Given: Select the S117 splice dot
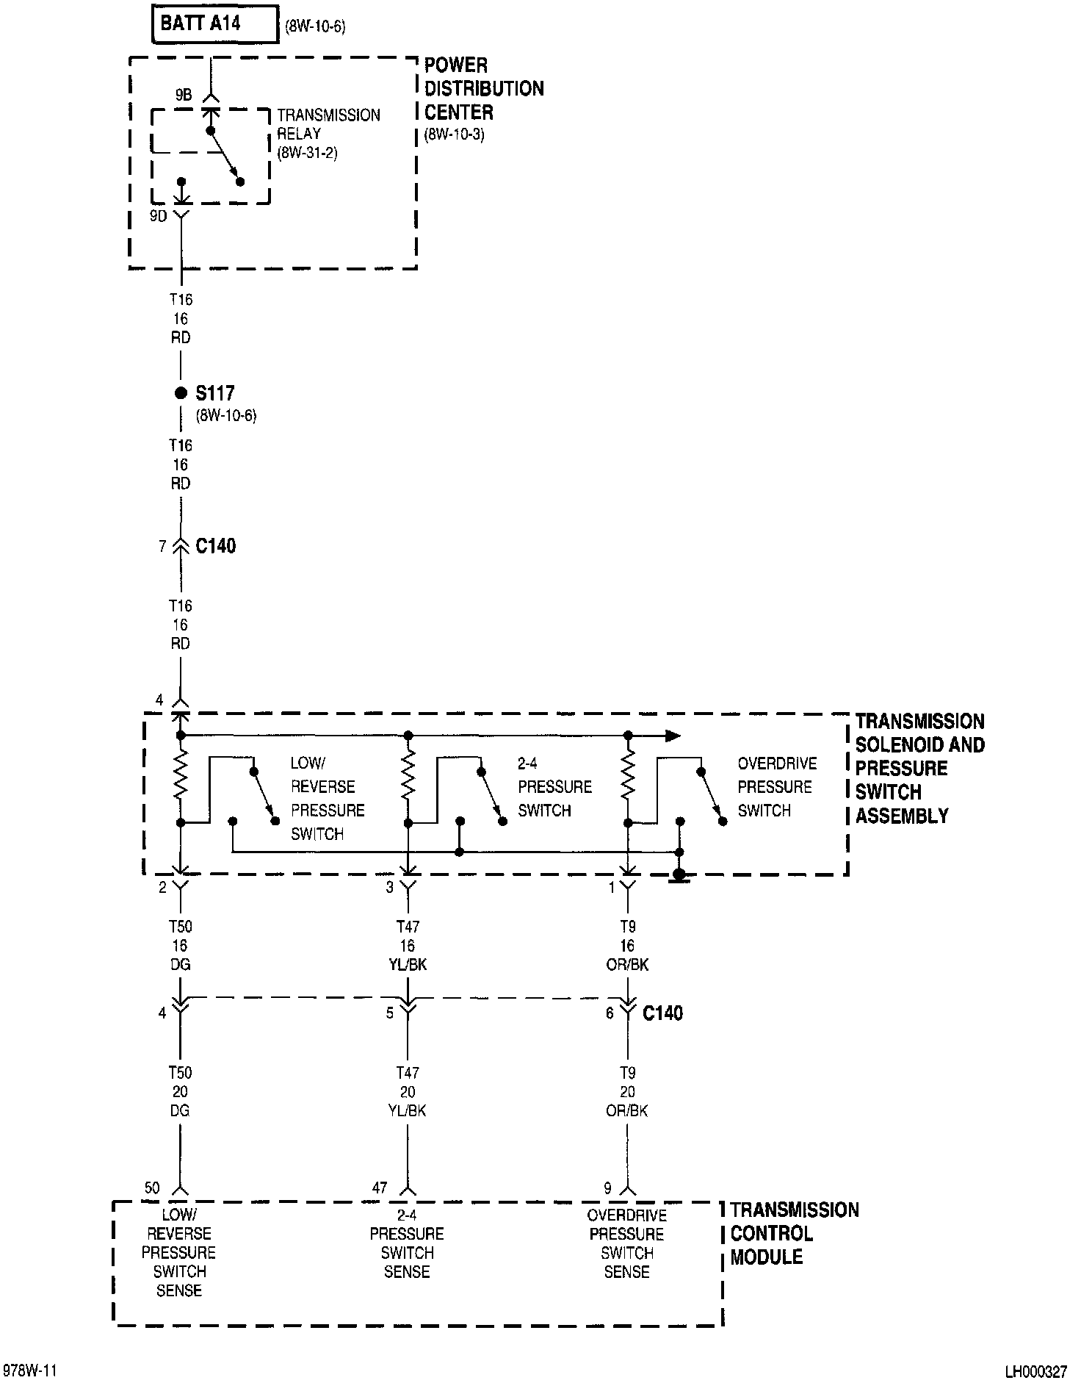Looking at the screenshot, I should point(181,393).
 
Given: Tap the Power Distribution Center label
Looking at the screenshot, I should point(483,89).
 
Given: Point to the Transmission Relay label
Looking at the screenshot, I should point(328,134).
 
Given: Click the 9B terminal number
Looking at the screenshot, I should point(183,95).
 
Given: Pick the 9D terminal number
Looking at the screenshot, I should point(158,216).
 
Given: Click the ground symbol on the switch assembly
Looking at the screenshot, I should point(680,875).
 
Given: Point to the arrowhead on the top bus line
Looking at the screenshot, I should point(672,735).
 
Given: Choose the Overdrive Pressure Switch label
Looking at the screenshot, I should point(776,787).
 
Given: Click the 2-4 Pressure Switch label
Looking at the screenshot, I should point(554,787).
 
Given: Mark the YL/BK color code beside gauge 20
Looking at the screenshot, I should point(408,1111).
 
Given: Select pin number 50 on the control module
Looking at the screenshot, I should point(152,1188).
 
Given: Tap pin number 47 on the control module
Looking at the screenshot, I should point(380,1188).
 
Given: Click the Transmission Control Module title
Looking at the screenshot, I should point(793,1234).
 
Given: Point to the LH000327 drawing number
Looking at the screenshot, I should point(1035,1371).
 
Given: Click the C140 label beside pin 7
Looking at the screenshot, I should point(216,546).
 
